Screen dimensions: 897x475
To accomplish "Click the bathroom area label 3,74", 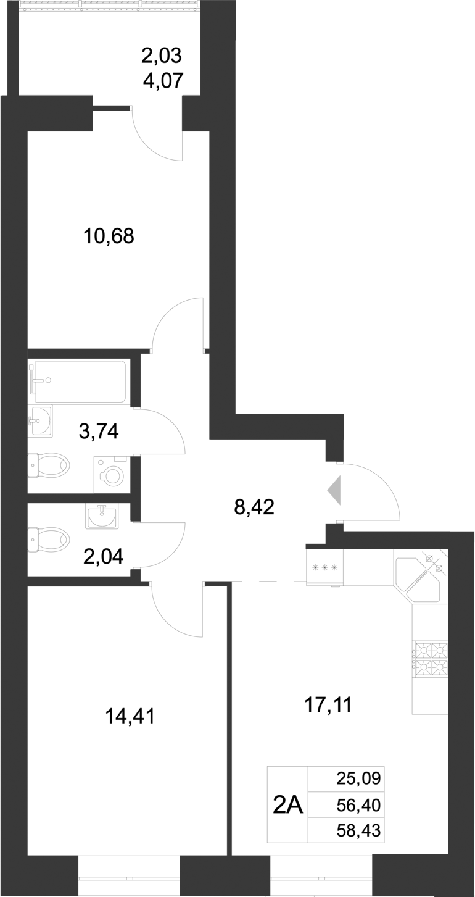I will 99,431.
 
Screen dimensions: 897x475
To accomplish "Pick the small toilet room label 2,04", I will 104,556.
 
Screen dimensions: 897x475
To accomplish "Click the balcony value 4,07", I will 163,80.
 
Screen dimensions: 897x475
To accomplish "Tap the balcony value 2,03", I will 162,56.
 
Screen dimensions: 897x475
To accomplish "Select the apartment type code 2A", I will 287,805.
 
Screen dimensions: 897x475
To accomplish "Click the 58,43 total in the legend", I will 359,832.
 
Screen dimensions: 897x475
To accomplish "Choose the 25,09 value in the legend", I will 359,778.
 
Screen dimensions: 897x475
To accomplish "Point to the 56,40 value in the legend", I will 359,805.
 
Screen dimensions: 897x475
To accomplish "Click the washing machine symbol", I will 112,475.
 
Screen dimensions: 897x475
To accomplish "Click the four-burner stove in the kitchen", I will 430,658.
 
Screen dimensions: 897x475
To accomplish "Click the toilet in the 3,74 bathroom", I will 49,465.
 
